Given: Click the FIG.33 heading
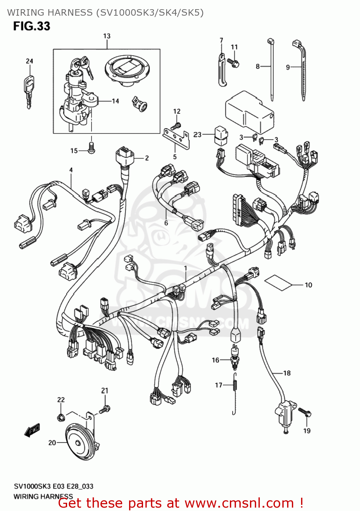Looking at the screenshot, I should point(32,26).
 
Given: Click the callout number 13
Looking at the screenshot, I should point(107,36).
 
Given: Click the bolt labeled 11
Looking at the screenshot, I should point(234,63).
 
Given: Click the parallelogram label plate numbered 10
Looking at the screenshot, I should point(279,283).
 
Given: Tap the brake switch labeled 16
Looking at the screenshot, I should point(235,358).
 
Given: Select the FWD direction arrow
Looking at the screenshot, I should point(32,430).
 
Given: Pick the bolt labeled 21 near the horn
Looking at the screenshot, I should point(105,409).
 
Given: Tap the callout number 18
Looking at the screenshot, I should point(287,373).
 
